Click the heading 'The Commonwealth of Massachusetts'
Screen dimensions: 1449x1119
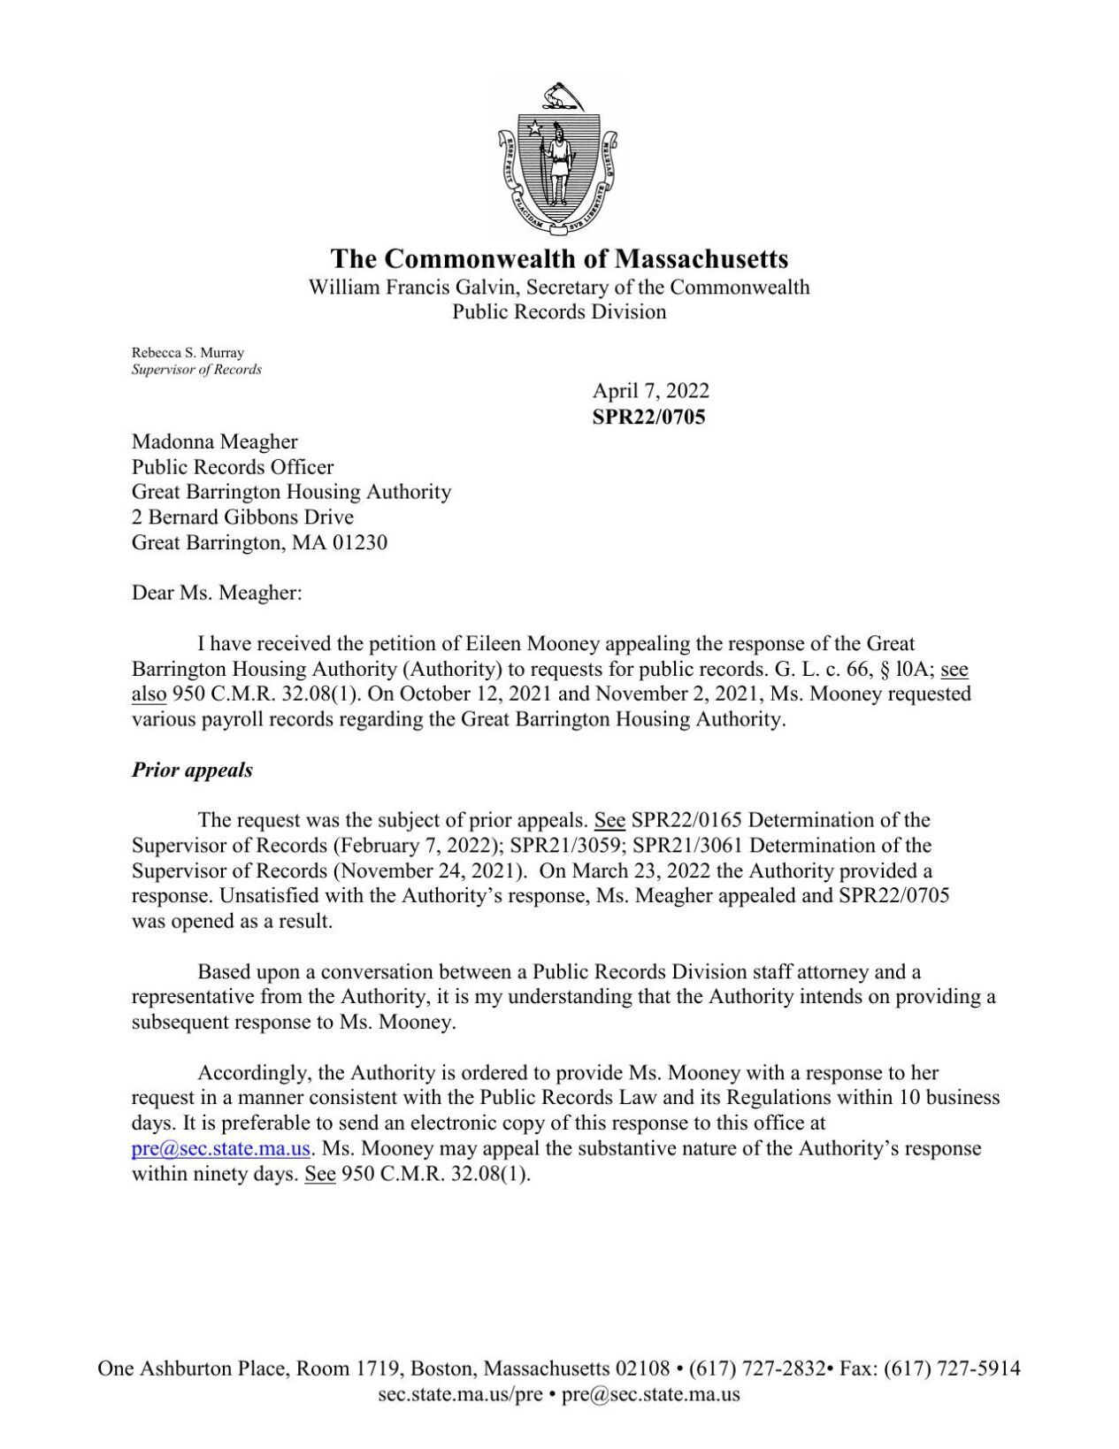pyautogui.click(x=559, y=258)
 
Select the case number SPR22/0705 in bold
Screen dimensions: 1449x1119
pyautogui.click(x=648, y=417)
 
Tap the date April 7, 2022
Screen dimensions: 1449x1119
pyautogui.click(x=650, y=391)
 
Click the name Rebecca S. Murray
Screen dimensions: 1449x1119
pyautogui.click(x=188, y=352)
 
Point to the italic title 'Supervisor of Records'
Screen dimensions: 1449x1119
pyautogui.click(x=196, y=370)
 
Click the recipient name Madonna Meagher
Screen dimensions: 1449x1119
pyautogui.click(x=215, y=441)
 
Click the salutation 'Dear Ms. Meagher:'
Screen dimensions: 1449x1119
pyautogui.click(x=217, y=594)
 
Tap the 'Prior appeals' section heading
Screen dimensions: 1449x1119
pyautogui.click(x=192, y=770)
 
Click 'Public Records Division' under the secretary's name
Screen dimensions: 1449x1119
pyautogui.click(x=559, y=312)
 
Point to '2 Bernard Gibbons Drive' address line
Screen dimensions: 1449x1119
pyautogui.click(x=242, y=517)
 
